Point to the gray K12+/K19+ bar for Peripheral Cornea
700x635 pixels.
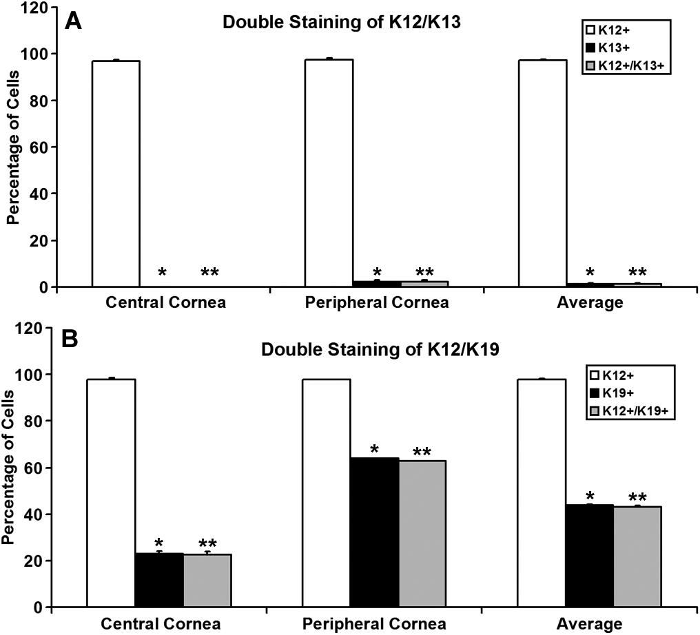pos(422,534)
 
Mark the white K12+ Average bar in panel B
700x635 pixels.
pos(541,493)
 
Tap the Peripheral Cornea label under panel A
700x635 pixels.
pos(375,302)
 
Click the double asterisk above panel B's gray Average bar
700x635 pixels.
pos(637,497)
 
